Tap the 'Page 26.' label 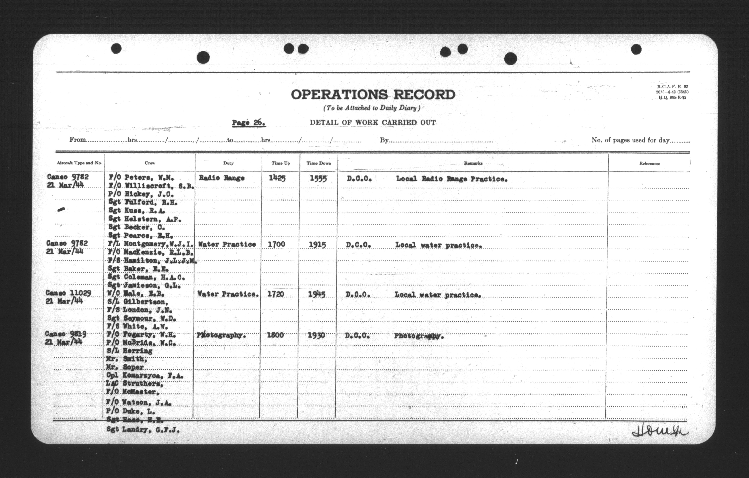[249, 123]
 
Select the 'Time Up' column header [281, 163]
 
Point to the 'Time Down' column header [318, 163]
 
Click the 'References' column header [650, 164]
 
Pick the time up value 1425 [277, 178]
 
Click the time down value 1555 [318, 179]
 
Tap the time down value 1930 [316, 335]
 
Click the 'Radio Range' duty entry [222, 178]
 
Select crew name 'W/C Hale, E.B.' [136, 294]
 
